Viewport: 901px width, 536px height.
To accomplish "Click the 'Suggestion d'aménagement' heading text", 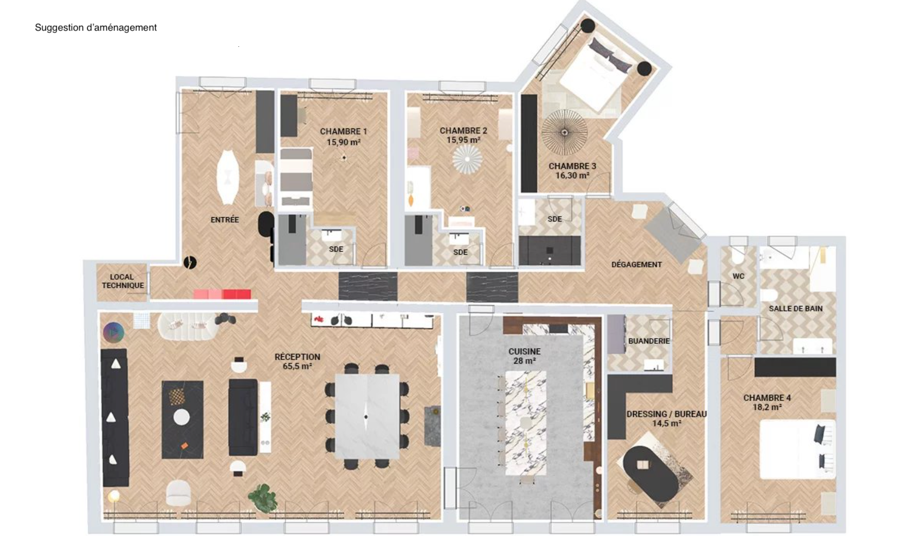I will point(95,28).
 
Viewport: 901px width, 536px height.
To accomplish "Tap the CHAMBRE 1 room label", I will point(343,131).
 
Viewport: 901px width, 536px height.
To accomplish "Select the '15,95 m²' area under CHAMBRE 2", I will point(463,140).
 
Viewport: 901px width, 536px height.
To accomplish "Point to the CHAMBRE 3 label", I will point(572,166).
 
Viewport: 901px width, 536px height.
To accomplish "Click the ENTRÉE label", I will point(225,220).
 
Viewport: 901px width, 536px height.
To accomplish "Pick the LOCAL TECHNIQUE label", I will point(123,281).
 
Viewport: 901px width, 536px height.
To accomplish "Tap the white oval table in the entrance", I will point(227,177).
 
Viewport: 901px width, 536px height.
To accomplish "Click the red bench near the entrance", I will point(222,294).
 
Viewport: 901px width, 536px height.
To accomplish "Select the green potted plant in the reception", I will point(263,497).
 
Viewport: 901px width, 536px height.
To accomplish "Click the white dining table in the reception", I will point(367,416).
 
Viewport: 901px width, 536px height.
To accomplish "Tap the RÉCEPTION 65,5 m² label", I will point(297,361).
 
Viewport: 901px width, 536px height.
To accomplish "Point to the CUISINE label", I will point(524,352).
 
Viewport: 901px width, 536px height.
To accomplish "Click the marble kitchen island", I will point(525,422).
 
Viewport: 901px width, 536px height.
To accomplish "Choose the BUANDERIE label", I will point(649,341).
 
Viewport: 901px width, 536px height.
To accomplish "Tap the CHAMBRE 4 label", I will point(767,397).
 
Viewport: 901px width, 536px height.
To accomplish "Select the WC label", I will point(738,276).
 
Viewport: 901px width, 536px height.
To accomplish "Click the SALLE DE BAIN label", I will point(795,308).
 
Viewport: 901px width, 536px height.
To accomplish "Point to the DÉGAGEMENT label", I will point(636,265).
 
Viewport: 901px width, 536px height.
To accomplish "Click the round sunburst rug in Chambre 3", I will point(565,132).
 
